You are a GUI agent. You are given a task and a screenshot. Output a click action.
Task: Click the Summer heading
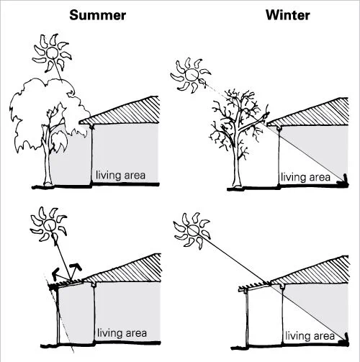point(97,15)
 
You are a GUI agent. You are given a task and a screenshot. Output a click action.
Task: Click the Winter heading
point(288,15)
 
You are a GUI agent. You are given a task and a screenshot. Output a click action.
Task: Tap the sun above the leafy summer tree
point(52,53)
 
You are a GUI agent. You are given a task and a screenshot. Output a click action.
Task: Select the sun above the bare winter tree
point(191,75)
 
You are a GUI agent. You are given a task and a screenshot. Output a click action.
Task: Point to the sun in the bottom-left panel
point(49,225)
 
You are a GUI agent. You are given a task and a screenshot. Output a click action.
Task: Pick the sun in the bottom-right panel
point(192,230)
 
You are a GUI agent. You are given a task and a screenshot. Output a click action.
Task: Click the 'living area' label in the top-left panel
point(120,175)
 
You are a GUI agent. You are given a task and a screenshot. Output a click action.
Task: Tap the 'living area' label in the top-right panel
point(305,177)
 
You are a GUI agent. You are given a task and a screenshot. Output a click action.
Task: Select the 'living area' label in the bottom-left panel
point(122,333)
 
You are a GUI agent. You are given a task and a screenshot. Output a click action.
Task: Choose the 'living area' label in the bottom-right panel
point(310,336)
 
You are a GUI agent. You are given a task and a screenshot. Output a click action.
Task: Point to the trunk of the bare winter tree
point(237,166)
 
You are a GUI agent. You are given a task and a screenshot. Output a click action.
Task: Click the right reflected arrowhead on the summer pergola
point(77,266)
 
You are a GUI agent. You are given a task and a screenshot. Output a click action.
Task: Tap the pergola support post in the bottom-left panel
point(58,316)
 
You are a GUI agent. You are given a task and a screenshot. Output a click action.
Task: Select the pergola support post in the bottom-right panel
point(247,319)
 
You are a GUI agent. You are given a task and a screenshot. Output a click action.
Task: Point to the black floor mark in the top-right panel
point(343,181)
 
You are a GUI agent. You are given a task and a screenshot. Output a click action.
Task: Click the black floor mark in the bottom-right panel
point(344,340)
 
